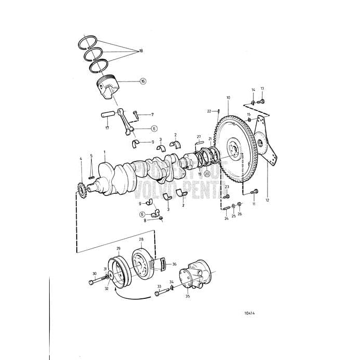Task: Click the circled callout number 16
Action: click(143, 82)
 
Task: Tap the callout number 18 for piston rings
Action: click(141, 51)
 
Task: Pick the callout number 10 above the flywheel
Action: click(228, 98)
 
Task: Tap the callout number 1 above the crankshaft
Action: click(104, 152)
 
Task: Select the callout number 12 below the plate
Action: click(268, 200)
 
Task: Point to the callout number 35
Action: click(187, 296)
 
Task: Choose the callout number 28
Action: click(141, 239)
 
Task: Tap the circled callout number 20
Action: click(207, 174)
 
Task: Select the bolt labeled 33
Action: click(159, 294)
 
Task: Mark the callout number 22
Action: click(208, 111)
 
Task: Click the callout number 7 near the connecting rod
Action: click(152, 114)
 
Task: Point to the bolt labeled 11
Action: click(254, 194)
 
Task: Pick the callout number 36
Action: click(174, 264)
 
